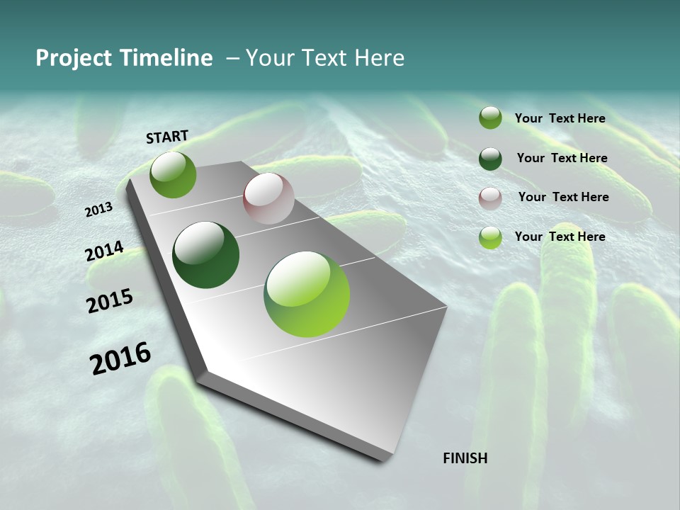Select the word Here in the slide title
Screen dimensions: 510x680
379,58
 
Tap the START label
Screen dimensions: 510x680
167,137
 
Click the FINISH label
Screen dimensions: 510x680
465,458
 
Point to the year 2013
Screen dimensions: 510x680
98,210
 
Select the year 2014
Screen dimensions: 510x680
104,251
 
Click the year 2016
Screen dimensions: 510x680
120,358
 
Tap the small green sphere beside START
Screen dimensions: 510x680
173,174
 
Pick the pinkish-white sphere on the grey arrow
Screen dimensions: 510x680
268,198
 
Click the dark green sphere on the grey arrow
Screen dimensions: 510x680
206,255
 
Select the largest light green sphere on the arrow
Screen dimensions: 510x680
307,294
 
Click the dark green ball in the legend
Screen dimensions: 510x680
490,159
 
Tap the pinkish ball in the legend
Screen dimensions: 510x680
490,198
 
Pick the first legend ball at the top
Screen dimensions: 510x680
490,118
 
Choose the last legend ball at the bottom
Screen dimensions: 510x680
490,237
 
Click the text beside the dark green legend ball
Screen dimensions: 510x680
562,158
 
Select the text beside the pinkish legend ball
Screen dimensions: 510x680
563,197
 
